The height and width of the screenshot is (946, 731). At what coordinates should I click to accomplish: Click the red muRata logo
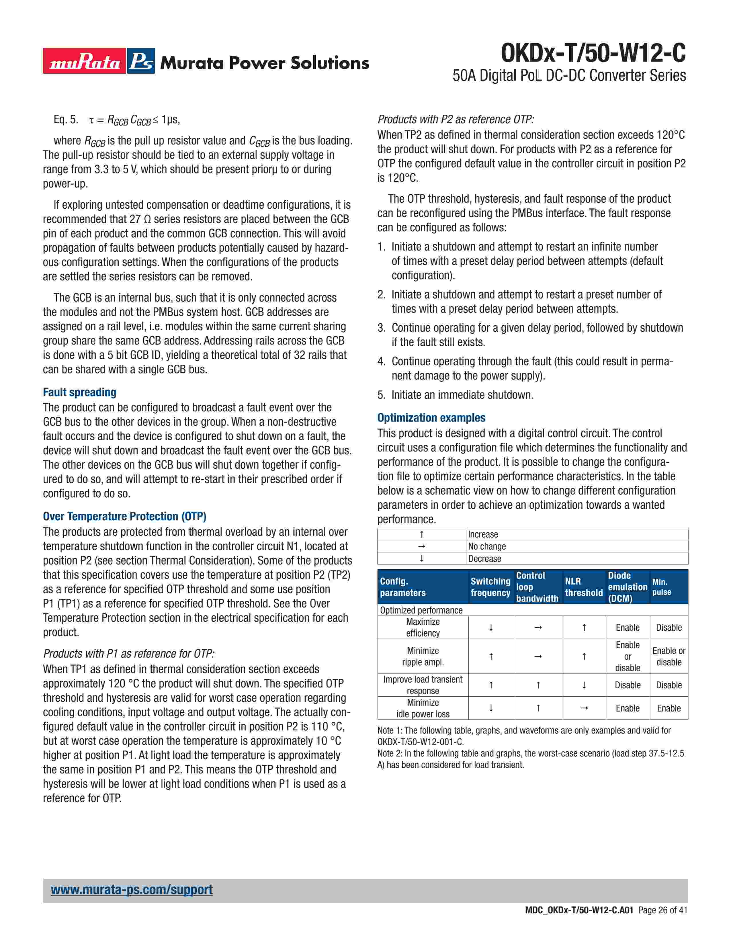[85, 61]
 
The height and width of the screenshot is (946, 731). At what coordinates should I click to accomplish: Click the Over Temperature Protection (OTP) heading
[124, 516]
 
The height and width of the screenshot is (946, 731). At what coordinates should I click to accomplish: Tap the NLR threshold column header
[583, 587]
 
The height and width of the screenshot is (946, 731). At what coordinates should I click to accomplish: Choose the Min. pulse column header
[662, 587]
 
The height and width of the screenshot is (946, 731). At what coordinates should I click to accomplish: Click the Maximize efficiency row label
[423, 627]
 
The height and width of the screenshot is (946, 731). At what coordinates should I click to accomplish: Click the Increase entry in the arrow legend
[483, 535]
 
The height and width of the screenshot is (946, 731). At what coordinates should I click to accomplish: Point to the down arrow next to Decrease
[421, 559]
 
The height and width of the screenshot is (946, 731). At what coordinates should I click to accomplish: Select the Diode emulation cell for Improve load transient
[628, 685]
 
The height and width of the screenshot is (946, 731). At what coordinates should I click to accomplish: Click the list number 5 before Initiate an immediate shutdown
[381, 395]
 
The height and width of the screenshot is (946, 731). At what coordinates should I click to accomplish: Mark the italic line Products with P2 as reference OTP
[456, 119]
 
